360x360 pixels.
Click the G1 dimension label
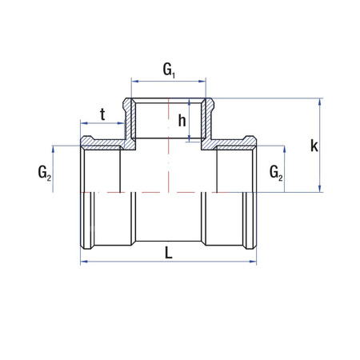tap(169, 70)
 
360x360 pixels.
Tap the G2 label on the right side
tap(275, 171)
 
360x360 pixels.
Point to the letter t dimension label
tap(102, 114)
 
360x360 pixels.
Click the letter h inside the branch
tap(182, 121)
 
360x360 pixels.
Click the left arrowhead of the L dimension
tap(82, 261)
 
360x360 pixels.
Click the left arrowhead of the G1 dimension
tap(134, 81)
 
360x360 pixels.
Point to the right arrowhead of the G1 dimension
tap(205, 81)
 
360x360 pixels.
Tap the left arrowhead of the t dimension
tap(83, 124)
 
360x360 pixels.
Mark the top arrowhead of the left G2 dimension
tap(54, 149)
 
